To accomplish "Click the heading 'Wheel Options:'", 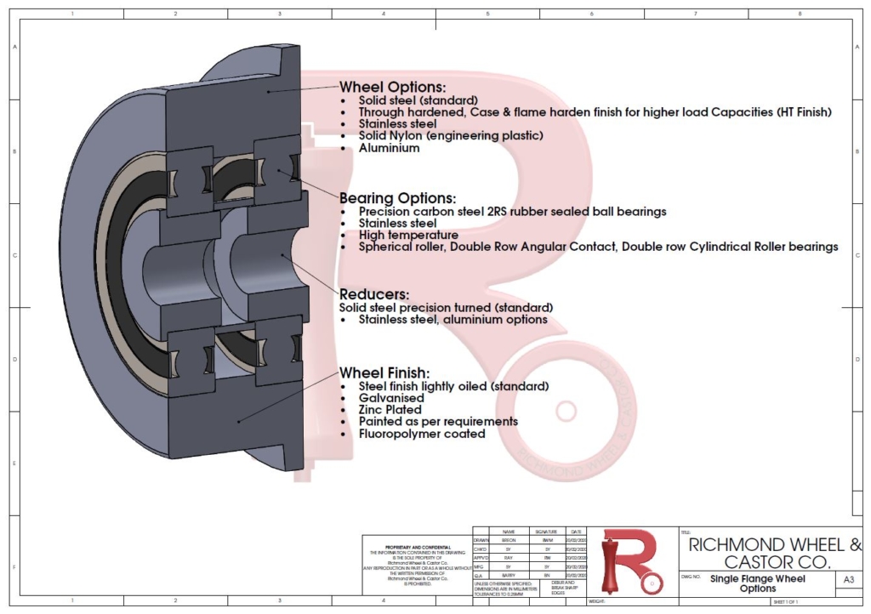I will click(393, 87).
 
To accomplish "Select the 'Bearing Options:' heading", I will click(397, 197).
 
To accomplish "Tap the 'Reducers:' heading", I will click(374, 293).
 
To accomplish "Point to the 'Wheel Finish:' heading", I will click(384, 372).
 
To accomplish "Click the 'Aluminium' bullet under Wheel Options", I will click(389, 148).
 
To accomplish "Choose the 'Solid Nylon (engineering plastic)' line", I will click(450, 135).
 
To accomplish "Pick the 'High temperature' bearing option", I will click(408, 235).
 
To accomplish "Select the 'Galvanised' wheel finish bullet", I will click(391, 398).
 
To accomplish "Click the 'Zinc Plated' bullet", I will click(390, 410).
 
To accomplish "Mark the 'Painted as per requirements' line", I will click(438, 422).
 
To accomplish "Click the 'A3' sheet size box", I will click(847, 579).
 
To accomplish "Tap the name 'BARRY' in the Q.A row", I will click(509, 575).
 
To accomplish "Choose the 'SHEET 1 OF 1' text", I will click(784, 602).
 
